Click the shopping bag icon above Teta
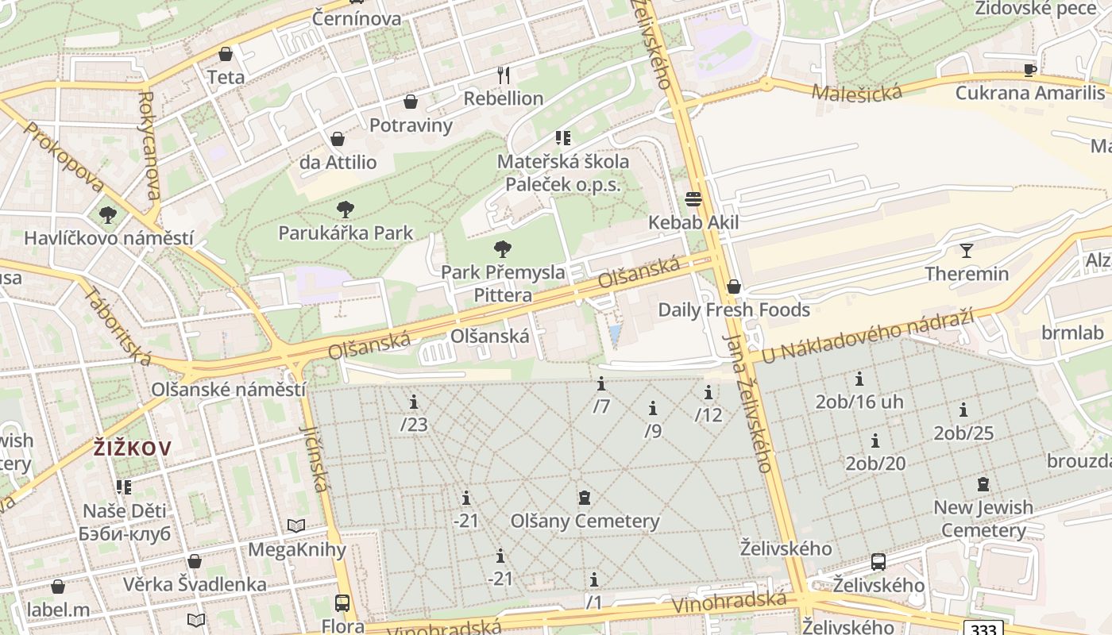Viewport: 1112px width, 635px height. click(226, 54)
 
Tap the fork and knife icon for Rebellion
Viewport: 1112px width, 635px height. click(503, 75)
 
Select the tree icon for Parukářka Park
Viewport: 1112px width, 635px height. click(345, 210)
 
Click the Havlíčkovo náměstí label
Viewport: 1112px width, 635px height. click(109, 238)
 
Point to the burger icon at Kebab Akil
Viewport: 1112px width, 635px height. click(693, 198)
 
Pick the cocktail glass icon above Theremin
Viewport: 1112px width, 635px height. click(966, 251)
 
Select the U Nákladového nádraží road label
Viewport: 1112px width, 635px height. click(867, 337)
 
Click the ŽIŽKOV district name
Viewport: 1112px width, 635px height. click(132, 448)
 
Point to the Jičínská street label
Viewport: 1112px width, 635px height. click(315, 457)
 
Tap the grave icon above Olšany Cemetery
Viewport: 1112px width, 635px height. click(585, 498)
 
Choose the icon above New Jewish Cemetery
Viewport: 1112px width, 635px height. click(983, 483)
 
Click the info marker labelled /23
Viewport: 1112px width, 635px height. click(413, 402)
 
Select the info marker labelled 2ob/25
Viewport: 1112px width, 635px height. click(963, 410)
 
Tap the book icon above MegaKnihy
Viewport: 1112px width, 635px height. click(296, 525)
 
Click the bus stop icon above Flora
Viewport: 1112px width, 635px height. click(342, 603)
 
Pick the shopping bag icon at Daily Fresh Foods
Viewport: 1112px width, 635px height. click(733, 287)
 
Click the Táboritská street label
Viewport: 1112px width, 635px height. click(117, 326)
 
